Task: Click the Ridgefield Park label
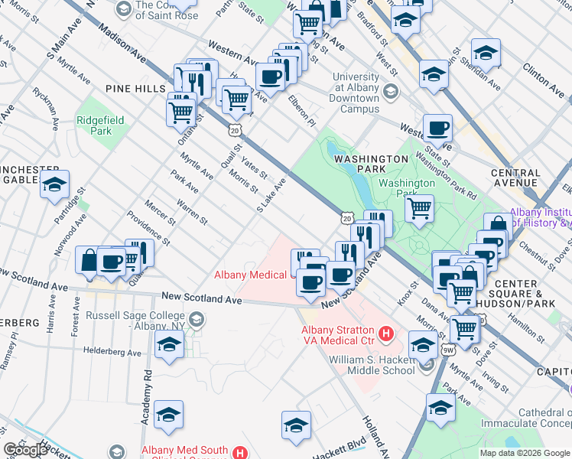94,125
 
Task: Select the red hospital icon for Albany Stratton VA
386,334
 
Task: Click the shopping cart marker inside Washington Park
419,207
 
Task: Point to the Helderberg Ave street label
112,353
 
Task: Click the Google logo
25,450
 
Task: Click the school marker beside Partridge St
54,184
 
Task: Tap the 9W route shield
447,350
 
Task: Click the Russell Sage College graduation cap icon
197,319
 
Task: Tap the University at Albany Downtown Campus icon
390,93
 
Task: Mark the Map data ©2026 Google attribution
525,453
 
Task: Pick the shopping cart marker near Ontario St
180,112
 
